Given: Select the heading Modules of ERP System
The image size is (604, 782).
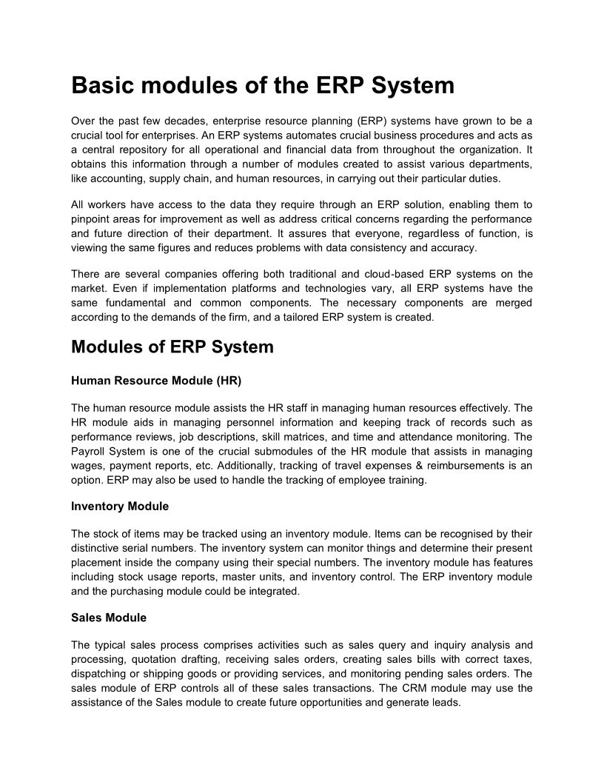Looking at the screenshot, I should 172,347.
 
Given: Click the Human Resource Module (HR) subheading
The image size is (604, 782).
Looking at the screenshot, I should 156,381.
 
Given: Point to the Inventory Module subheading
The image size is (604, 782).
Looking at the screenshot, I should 120,507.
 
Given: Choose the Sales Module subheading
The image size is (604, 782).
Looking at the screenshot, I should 109,618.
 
